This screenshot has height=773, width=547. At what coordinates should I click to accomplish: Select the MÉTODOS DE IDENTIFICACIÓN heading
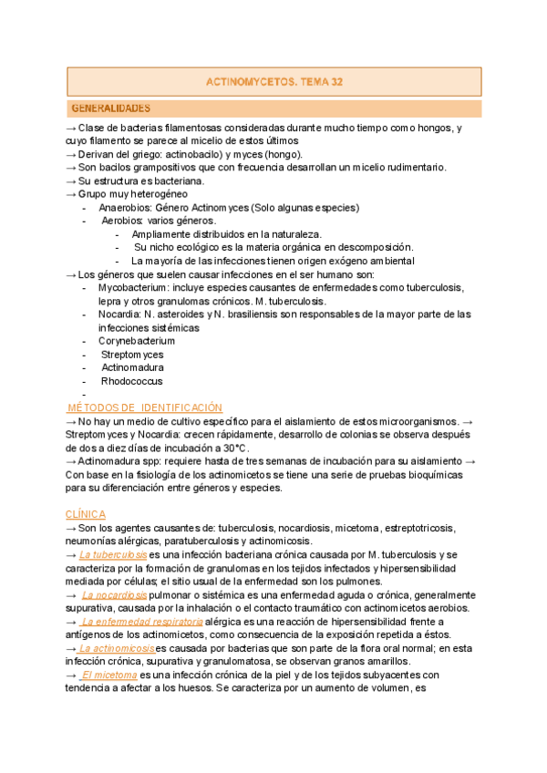(147, 407)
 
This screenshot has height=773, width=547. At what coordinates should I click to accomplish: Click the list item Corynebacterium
(137, 341)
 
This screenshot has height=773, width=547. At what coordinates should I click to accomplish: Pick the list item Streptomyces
(132, 354)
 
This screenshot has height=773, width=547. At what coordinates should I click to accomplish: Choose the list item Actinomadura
(132, 367)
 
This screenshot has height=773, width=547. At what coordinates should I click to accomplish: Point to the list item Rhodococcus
(132, 381)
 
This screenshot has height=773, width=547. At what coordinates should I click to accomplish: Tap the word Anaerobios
(125, 207)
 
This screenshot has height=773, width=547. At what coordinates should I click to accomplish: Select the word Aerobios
(122, 221)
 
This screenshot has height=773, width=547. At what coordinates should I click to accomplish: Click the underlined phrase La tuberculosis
(113, 554)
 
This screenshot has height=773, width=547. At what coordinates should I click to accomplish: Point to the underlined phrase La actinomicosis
(117, 648)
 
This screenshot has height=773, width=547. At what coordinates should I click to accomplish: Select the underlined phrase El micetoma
(109, 675)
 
